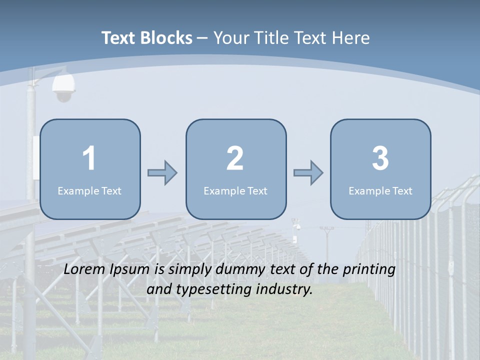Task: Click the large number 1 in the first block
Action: tap(89, 158)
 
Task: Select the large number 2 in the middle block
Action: tap(235, 158)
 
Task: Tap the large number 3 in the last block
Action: tap(380, 158)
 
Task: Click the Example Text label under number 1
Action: tap(89, 191)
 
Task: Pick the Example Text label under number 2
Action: tap(235, 191)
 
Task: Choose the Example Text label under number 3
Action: tap(380, 191)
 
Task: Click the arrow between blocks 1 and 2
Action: tap(162, 173)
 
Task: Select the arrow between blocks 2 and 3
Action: tap(308, 173)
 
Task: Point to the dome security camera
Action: tap(63, 87)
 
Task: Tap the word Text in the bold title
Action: tap(119, 38)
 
